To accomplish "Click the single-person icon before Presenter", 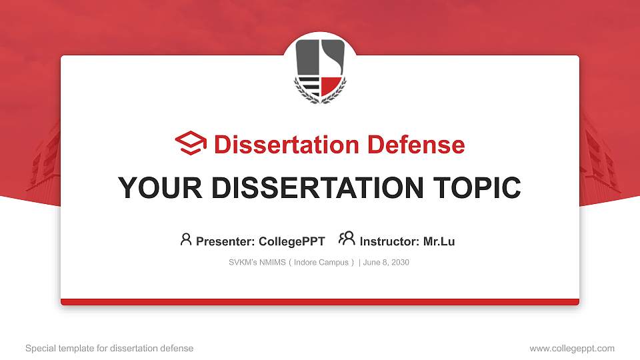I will tap(186, 239).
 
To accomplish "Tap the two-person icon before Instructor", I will tap(347, 239).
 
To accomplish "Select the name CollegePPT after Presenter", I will tap(291, 241).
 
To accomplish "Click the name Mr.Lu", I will tap(439, 241).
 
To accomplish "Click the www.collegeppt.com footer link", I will tap(572, 348).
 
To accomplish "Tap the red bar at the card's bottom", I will tap(320, 302).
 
